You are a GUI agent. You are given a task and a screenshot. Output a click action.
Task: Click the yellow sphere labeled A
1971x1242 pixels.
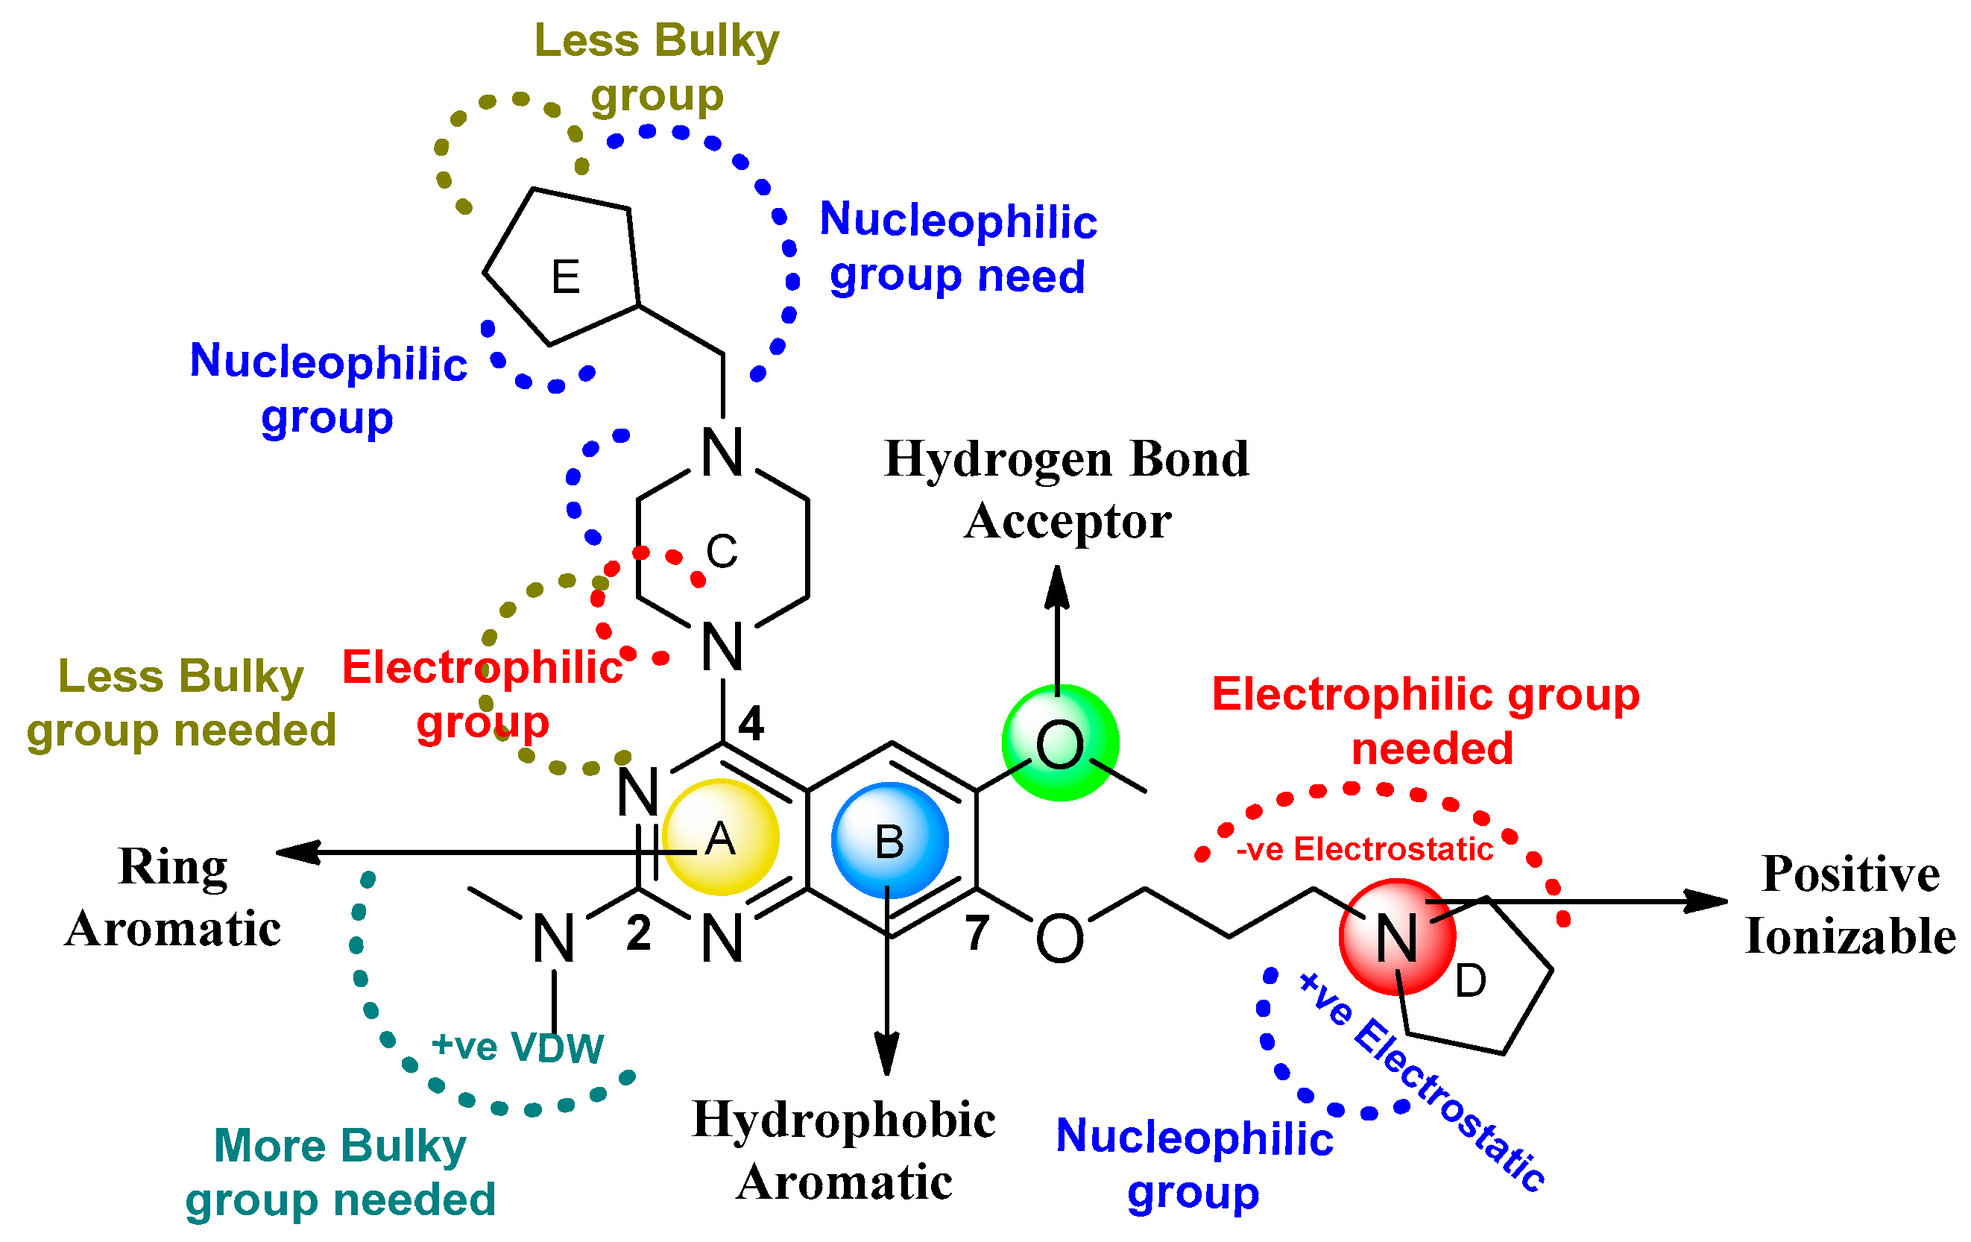coord(720,836)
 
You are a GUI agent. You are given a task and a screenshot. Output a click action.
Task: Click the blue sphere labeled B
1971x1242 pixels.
coord(890,840)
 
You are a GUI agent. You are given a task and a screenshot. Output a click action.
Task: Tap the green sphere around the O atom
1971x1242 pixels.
coord(1060,743)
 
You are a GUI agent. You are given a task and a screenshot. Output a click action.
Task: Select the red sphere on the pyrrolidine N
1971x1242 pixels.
coord(1396,937)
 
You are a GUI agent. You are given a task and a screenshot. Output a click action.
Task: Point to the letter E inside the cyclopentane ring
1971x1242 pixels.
coord(566,277)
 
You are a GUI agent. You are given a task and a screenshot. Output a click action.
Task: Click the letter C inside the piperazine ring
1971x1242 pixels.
coord(721,551)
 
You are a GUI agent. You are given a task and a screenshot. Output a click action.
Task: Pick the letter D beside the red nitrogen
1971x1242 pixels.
coord(1470,980)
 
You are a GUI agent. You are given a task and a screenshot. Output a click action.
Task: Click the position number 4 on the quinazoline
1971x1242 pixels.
coord(751,724)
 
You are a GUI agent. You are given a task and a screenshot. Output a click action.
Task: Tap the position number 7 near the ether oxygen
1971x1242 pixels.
coord(977,933)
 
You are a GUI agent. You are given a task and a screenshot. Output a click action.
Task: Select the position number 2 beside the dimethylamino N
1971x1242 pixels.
coord(638,933)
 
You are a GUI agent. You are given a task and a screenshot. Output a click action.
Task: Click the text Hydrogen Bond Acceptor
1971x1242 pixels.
coord(1067,489)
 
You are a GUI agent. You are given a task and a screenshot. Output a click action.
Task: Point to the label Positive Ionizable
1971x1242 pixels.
coord(1849,905)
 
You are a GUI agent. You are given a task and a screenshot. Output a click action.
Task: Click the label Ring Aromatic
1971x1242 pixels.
coord(173,897)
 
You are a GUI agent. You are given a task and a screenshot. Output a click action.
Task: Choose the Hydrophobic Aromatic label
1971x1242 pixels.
coord(844,1150)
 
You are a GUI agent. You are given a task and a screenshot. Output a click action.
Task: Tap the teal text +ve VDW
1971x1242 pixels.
coord(517,1047)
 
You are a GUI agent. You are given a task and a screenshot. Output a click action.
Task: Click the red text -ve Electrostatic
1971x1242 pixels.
coord(1364,849)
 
